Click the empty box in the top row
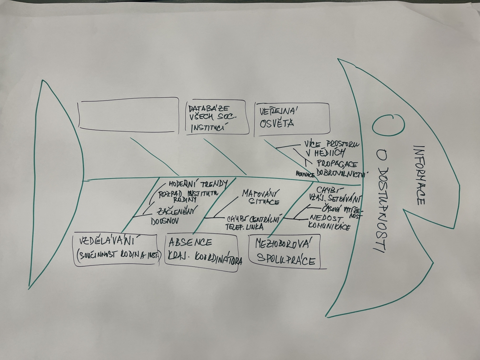click(127, 116)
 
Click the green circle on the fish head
click(388, 125)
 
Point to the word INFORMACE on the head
click(419, 174)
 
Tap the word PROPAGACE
click(337, 163)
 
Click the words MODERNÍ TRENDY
click(197, 184)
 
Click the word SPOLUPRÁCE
click(285, 260)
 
